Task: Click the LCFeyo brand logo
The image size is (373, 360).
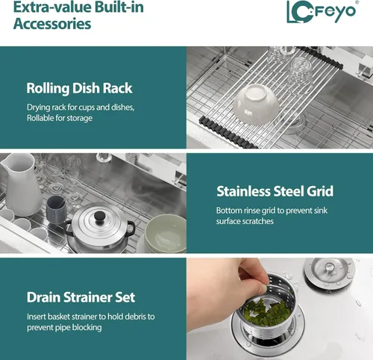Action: coord(322,12)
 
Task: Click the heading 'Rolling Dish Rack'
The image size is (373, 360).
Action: coord(79,88)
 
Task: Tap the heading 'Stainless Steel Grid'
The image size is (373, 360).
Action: coord(275,191)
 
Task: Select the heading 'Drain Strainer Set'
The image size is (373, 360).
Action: coord(81,297)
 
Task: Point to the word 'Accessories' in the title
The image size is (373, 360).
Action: coord(52,24)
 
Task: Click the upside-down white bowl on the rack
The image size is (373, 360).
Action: coord(255,104)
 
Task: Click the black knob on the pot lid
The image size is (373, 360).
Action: coord(99,216)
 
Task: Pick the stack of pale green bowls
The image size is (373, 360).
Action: coord(165,234)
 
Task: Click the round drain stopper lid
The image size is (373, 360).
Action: coord(329,273)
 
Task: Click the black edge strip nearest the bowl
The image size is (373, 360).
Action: coord(228,133)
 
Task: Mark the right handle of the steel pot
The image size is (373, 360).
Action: coord(131,229)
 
